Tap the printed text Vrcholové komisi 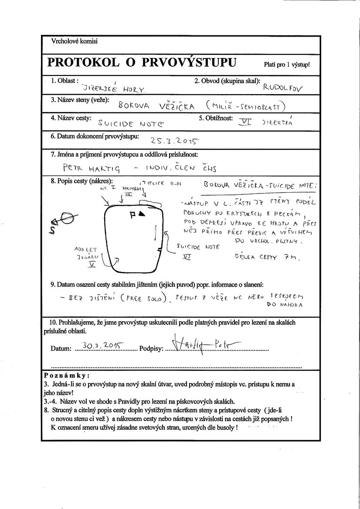(x=75, y=41)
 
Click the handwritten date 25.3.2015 (x=174, y=141)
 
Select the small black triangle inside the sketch (x=142, y=214)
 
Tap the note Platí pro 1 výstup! (x=287, y=64)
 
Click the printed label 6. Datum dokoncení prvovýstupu (x=95, y=136)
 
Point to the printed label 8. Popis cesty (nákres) (x=82, y=181)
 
